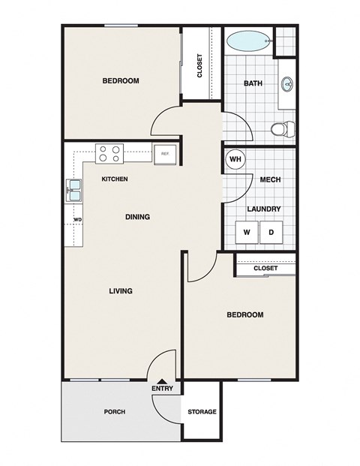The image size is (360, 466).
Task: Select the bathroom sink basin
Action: [287, 84]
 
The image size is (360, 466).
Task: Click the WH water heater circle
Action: [235, 159]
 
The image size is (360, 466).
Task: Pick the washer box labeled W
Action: [246, 233]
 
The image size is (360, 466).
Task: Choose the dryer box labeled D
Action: [271, 233]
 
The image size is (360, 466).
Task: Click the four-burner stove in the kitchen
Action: [109, 154]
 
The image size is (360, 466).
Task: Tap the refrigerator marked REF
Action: [164, 154]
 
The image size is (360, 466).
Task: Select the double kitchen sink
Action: [74, 190]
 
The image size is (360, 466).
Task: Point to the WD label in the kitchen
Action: [77, 220]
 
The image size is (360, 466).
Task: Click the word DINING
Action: [137, 217]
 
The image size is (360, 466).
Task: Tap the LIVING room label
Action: [120, 290]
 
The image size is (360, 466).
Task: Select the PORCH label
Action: [114, 412]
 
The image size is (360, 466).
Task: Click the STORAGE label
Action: [202, 412]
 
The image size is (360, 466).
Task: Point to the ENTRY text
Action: [162, 388]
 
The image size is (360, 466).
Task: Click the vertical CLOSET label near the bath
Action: [199, 65]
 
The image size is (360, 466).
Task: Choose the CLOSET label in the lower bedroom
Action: [265, 268]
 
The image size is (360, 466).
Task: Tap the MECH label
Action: [270, 180]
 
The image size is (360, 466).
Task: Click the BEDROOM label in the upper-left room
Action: [121, 81]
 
